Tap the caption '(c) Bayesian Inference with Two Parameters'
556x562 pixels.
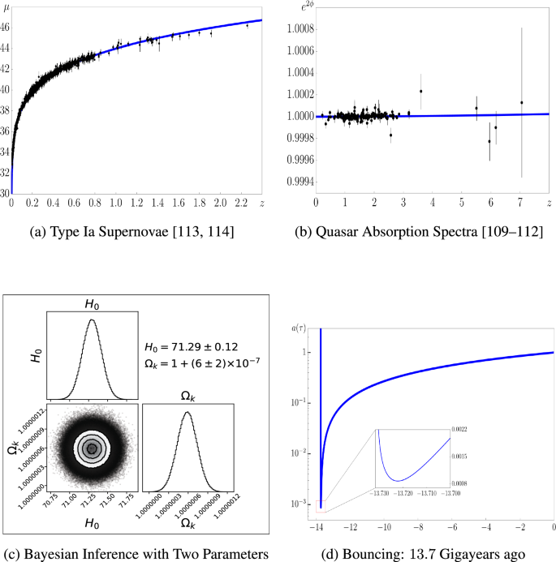(137, 555)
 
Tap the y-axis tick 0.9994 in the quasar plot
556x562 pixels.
(298, 179)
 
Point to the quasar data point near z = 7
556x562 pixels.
(522, 102)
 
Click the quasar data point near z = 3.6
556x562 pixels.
(420, 91)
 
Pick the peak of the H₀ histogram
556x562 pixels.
(92, 320)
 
